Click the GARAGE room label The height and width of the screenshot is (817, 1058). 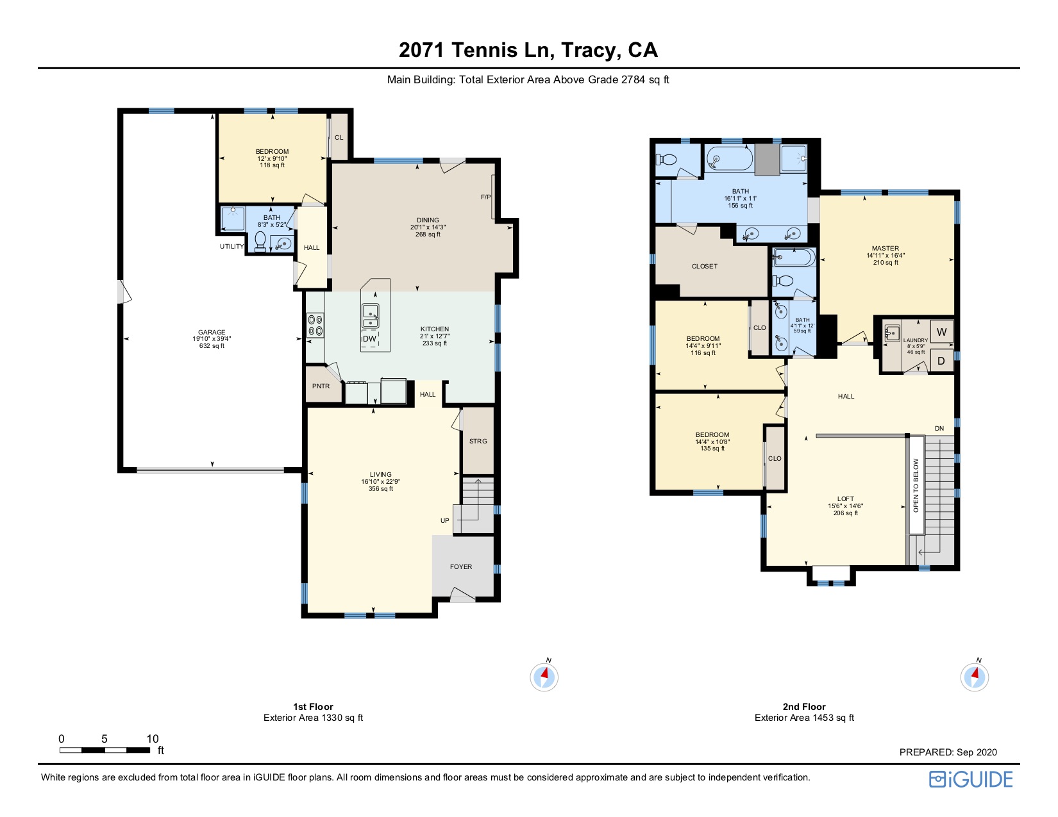coord(212,333)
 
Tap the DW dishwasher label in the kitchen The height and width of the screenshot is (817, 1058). coord(369,339)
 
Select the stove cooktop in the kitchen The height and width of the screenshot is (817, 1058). coord(315,326)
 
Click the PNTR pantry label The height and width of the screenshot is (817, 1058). coord(321,386)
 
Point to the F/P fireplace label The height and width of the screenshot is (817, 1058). coord(485,197)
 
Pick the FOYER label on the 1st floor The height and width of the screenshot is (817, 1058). coord(460,566)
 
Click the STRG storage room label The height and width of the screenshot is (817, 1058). coord(478,441)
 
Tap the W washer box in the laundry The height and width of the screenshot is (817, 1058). coord(942,332)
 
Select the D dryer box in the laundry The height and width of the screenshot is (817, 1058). coord(941,361)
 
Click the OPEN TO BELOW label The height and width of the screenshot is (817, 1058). coord(916,485)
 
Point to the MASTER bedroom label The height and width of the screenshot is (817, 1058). coord(885,248)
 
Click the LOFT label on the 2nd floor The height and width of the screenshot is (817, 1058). coord(845,499)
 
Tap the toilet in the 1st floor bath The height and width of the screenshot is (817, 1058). coord(260,242)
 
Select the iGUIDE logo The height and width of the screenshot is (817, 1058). coord(971,779)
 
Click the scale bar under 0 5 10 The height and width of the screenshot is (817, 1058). coord(105,750)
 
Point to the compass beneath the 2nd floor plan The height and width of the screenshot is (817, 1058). coord(974,677)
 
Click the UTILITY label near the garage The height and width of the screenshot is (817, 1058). coord(231,246)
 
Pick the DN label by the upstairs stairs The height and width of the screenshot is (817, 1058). coord(939,428)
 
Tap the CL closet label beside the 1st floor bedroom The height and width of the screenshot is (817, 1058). coord(339,137)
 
